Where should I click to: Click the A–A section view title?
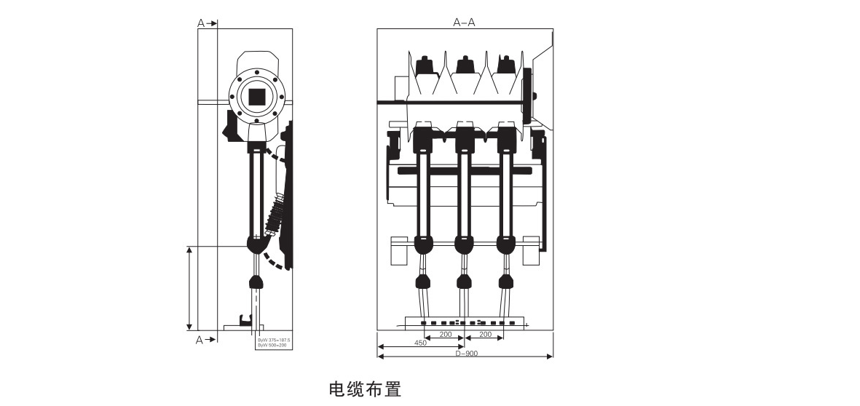point(464,23)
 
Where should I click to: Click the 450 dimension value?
point(420,343)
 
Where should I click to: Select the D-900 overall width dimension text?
point(466,354)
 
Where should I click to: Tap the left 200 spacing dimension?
point(445,335)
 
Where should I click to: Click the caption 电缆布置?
point(365,389)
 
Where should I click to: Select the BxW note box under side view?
point(273,342)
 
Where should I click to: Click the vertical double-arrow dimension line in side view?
point(189,287)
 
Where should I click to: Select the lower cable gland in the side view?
point(256,283)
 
